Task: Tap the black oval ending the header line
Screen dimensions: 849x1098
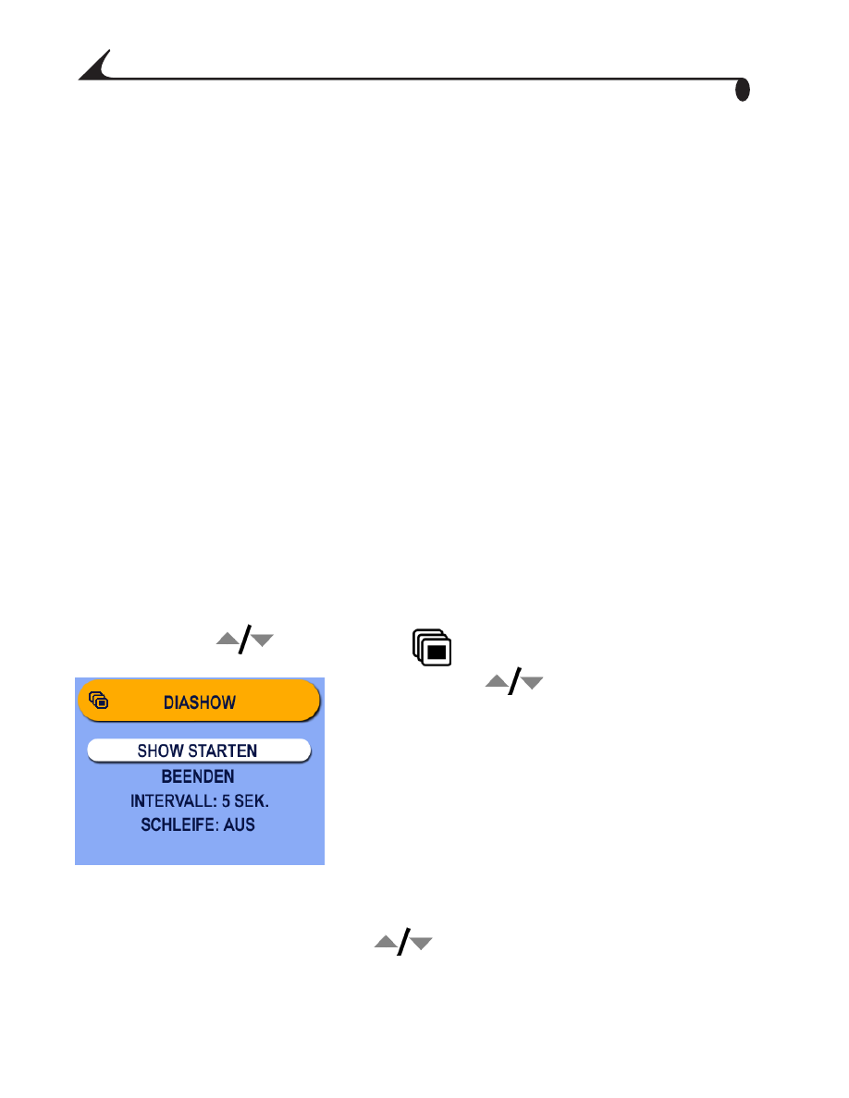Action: (x=743, y=90)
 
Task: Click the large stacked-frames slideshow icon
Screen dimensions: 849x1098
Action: (x=432, y=647)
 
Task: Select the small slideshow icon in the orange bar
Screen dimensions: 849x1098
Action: (x=99, y=700)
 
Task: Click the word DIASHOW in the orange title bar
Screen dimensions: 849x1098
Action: (x=200, y=702)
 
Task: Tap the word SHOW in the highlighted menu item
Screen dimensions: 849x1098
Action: (x=160, y=750)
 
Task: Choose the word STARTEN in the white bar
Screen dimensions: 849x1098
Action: (x=223, y=750)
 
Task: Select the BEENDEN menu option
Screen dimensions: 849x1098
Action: (x=198, y=775)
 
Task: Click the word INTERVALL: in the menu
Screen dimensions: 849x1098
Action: (x=174, y=800)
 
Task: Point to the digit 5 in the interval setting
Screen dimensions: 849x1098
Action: (x=226, y=800)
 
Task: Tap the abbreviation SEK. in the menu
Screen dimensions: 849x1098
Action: (x=252, y=800)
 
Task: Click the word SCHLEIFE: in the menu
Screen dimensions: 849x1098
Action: (x=179, y=825)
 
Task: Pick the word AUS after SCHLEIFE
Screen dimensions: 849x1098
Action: (x=239, y=825)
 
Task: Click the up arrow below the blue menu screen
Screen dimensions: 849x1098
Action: (x=386, y=942)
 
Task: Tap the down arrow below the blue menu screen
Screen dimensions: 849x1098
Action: (x=420, y=944)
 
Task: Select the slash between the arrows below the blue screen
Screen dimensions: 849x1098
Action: (x=403, y=942)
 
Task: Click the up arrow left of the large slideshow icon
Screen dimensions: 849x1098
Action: (x=228, y=638)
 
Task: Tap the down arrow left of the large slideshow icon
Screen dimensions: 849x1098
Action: (x=262, y=640)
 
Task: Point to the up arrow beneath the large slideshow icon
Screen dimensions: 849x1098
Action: (x=498, y=680)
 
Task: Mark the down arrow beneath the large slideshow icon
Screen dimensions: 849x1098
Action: (x=532, y=683)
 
